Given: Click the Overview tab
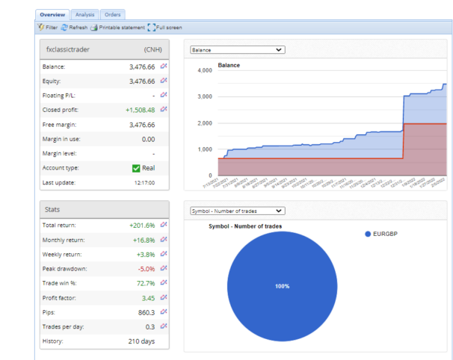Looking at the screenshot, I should (52, 14).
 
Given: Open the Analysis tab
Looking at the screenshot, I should (84, 14).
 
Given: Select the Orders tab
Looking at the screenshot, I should (113, 14).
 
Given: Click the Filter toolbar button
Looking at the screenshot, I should (47, 28).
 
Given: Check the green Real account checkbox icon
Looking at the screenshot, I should (136, 168).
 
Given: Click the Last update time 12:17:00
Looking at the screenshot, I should (145, 182).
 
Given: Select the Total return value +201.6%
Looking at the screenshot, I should (141, 225).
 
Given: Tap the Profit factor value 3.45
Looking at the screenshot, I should (147, 297).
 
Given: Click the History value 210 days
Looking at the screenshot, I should (141, 341).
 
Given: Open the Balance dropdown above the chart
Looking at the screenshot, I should (237, 50).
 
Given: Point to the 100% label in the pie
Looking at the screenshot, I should (281, 286).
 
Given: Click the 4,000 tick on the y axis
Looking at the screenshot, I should (204, 71).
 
